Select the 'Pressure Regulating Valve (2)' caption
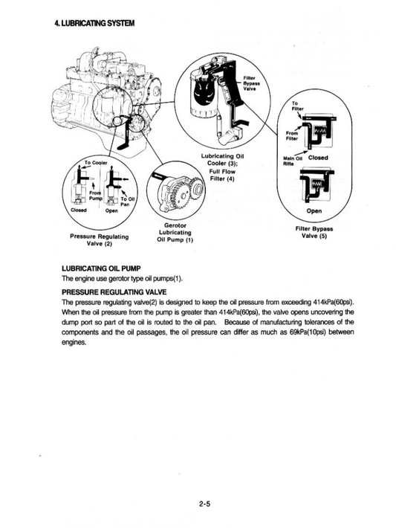coord(99,239)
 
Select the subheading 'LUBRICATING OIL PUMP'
coord(111,268)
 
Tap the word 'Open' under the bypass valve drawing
coord(314,210)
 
